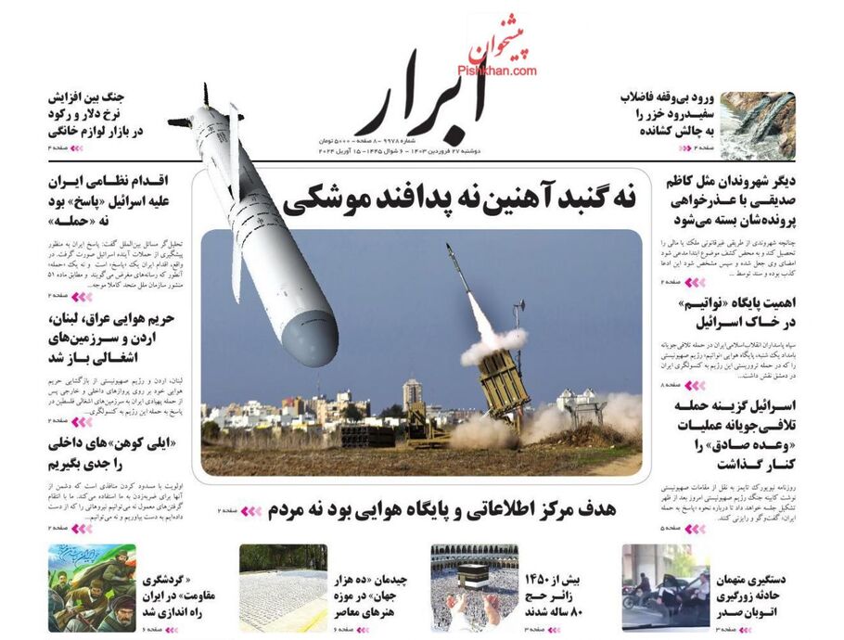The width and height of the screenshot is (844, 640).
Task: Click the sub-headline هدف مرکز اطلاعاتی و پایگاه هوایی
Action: coord(441,508)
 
